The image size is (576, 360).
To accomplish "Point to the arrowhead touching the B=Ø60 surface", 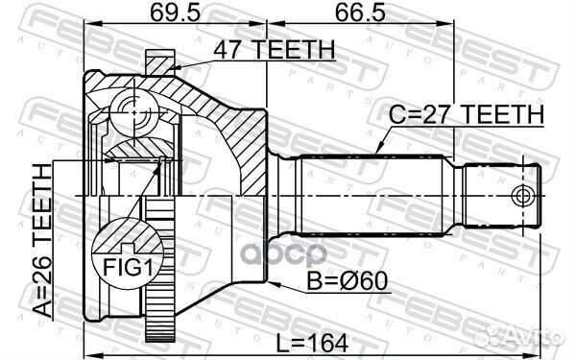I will click(x=273, y=284).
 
